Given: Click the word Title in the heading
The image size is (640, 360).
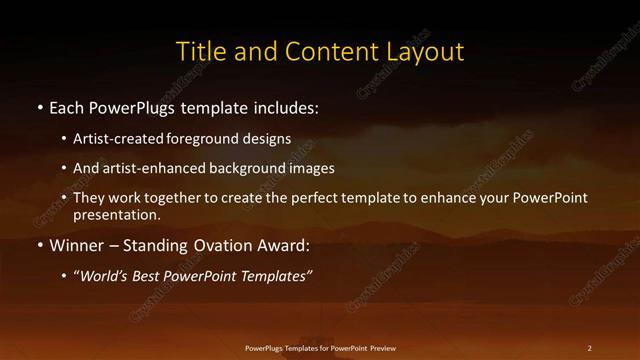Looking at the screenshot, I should click(x=200, y=51).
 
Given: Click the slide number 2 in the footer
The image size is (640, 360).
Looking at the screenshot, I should click(x=589, y=347).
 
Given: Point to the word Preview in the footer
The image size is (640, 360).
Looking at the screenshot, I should click(x=380, y=347).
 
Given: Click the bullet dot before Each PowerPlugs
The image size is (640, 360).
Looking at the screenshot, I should click(x=39, y=106).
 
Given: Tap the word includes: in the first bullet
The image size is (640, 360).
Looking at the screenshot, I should click(x=289, y=106).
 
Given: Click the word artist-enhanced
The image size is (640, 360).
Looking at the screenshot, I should click(x=149, y=169).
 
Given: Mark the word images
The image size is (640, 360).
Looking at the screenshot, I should click(x=309, y=169).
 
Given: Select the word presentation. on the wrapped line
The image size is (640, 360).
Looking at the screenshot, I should click(x=116, y=214).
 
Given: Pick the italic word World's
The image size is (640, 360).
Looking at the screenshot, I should click(x=104, y=274).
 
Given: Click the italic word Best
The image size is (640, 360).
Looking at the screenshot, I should click(x=151, y=274).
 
